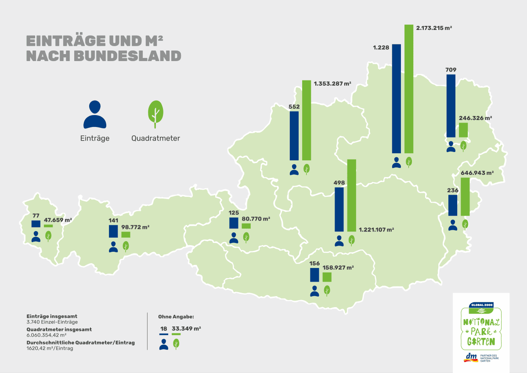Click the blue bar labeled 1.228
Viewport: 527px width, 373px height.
[397, 98]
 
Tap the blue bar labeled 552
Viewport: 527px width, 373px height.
[294, 136]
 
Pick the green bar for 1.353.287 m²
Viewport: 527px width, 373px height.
[307, 120]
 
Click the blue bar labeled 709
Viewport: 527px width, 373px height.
[451, 106]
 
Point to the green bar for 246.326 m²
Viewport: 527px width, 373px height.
[463, 130]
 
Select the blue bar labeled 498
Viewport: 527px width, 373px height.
[339, 209]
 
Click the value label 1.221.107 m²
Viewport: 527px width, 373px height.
[376, 229]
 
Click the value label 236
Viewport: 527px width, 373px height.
[453, 190]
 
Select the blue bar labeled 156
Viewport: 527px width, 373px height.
[314, 275]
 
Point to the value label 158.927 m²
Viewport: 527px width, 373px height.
[338, 267]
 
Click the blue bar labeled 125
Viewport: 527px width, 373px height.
[234, 223]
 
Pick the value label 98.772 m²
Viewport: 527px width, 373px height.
[135, 227]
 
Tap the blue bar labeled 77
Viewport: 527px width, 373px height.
[36, 224]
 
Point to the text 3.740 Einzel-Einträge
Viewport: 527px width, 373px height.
[52, 322]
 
